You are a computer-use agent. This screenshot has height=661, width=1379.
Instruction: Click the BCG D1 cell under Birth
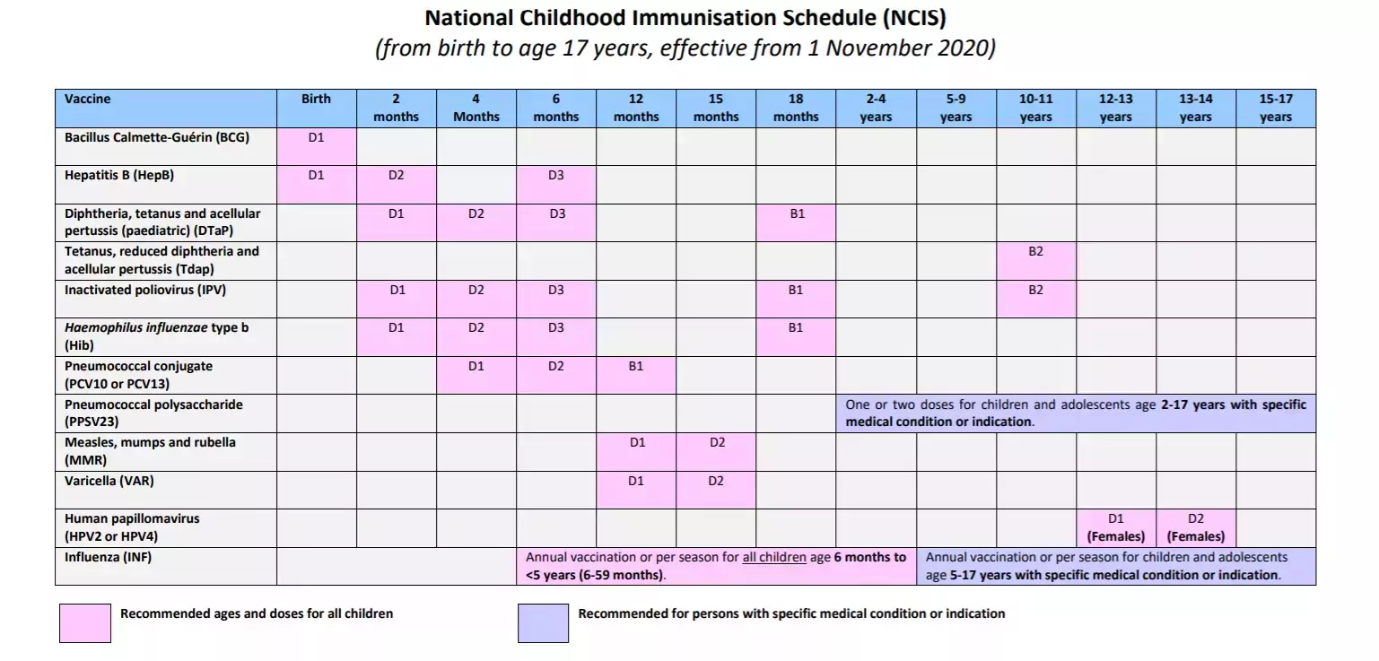317,146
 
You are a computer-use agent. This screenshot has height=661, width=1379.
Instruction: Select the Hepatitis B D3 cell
556,185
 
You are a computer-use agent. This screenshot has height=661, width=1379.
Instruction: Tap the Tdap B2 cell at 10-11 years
1036,261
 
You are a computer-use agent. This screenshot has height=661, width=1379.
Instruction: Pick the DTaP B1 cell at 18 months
796,222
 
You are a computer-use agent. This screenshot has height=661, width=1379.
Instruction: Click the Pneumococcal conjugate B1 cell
636,376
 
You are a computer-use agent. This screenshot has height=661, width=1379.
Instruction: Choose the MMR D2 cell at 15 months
716,452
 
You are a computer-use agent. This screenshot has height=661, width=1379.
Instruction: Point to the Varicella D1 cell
636,490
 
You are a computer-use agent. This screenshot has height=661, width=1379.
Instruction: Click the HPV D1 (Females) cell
1116,528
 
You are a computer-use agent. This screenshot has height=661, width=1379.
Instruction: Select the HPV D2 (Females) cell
1196,528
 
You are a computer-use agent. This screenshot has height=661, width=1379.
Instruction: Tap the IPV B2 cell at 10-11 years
1036,300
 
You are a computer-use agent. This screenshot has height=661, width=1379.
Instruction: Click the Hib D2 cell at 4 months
476,337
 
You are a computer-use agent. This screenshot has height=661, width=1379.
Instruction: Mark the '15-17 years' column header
1276,109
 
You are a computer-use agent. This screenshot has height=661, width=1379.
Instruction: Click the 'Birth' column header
317,109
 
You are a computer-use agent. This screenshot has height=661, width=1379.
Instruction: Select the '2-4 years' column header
876,109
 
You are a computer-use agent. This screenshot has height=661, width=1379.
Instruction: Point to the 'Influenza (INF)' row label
108,557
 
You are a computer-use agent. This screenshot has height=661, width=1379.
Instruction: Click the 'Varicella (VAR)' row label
109,481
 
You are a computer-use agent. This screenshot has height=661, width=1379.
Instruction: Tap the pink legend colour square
85,622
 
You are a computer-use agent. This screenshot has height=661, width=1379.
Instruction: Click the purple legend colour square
543,622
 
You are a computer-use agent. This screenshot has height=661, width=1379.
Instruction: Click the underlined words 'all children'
774,557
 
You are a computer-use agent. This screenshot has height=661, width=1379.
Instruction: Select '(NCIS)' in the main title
914,18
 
